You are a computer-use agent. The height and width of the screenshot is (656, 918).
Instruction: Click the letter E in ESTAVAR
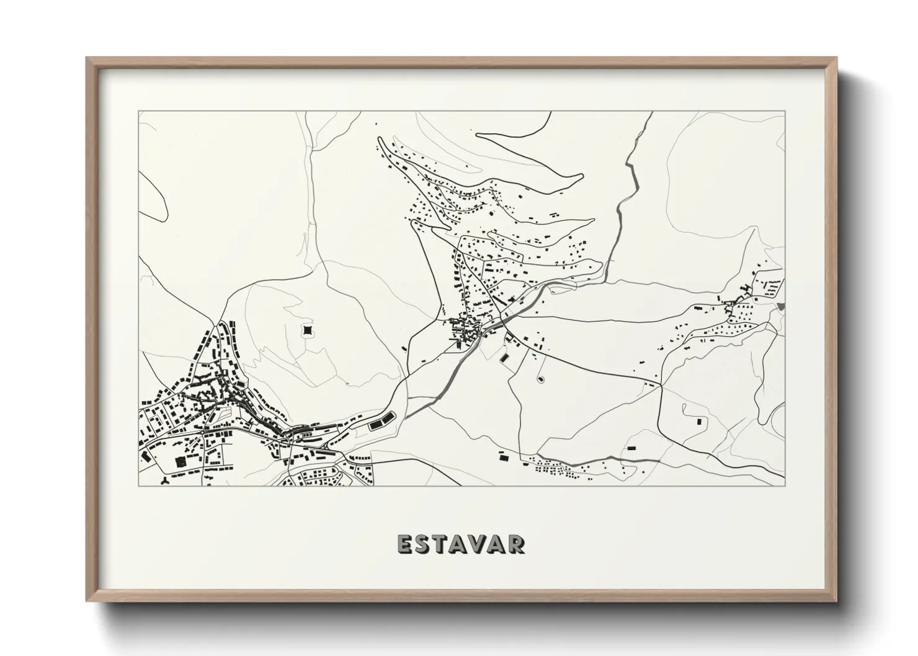point(405,544)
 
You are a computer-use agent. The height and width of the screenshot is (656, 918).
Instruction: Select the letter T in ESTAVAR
point(443,544)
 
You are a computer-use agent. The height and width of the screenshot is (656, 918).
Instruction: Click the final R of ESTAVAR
point(517,544)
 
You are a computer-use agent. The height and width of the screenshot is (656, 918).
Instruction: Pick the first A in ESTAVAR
point(461,544)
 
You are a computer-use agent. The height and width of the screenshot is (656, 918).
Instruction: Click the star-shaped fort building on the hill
point(307,331)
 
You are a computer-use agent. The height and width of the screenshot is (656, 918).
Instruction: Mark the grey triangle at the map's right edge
point(780,306)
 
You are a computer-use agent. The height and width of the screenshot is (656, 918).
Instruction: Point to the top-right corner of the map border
point(784,112)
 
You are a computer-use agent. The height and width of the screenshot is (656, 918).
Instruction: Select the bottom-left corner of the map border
point(139,485)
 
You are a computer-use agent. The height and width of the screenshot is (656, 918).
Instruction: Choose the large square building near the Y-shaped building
point(180,461)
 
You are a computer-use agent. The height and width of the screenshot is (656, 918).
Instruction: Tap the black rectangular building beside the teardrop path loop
point(700,421)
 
